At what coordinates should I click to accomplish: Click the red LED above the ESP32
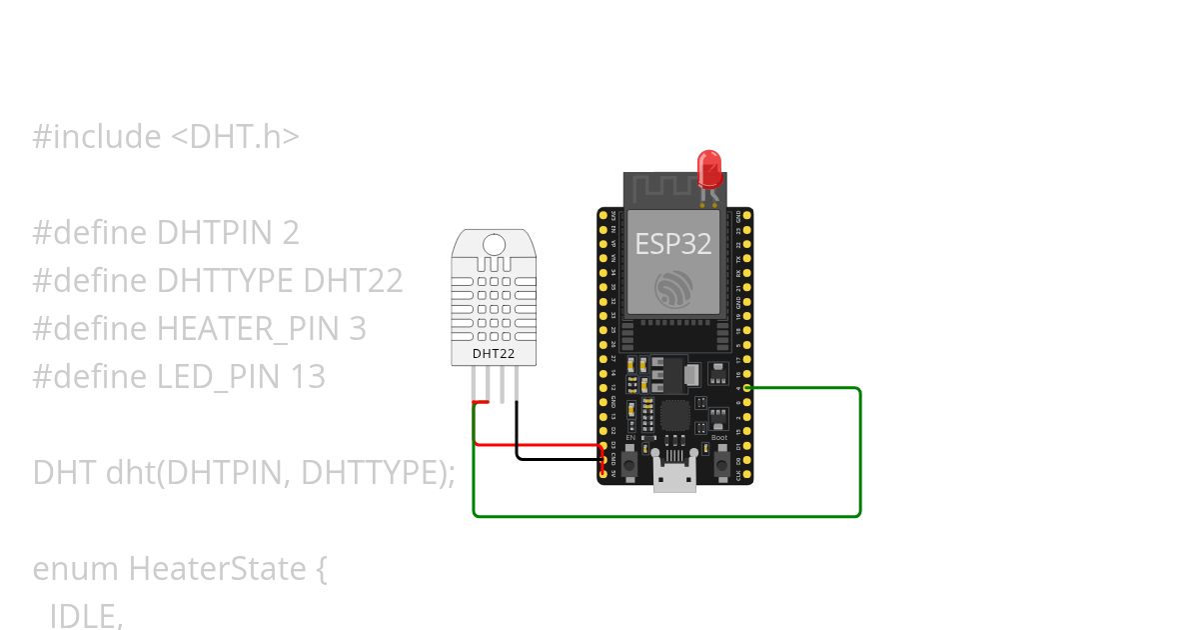click(709, 165)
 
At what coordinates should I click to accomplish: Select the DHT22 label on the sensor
click(492, 353)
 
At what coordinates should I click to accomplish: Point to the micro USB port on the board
click(674, 478)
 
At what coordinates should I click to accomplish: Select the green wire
click(665, 516)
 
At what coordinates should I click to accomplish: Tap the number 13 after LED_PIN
click(308, 377)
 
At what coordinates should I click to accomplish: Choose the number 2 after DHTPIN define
click(290, 233)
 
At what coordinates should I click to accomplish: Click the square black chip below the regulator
click(675, 416)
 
